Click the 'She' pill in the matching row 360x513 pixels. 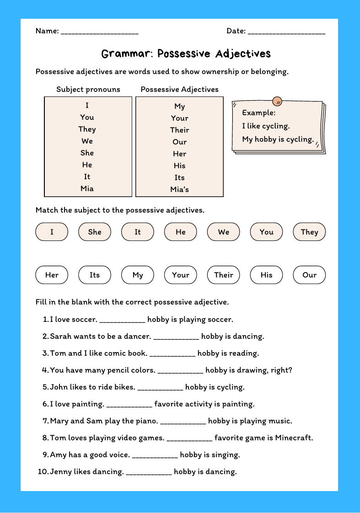[95, 232]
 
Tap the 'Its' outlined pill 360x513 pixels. [95, 275]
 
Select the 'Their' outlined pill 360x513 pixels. [224, 275]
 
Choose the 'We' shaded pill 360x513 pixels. [224, 232]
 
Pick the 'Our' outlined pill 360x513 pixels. [310, 275]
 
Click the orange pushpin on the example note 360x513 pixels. [277, 101]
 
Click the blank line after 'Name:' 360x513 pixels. [99, 32]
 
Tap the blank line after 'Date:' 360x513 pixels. [286, 32]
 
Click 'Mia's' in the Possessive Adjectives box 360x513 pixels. [180, 189]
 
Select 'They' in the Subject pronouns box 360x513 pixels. [87, 129]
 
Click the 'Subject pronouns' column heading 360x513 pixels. [88, 89]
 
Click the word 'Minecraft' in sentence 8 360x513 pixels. [294, 438]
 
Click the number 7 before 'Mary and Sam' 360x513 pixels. [45, 421]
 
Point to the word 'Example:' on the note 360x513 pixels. [259, 112]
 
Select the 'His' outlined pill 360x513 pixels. [267, 275]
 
